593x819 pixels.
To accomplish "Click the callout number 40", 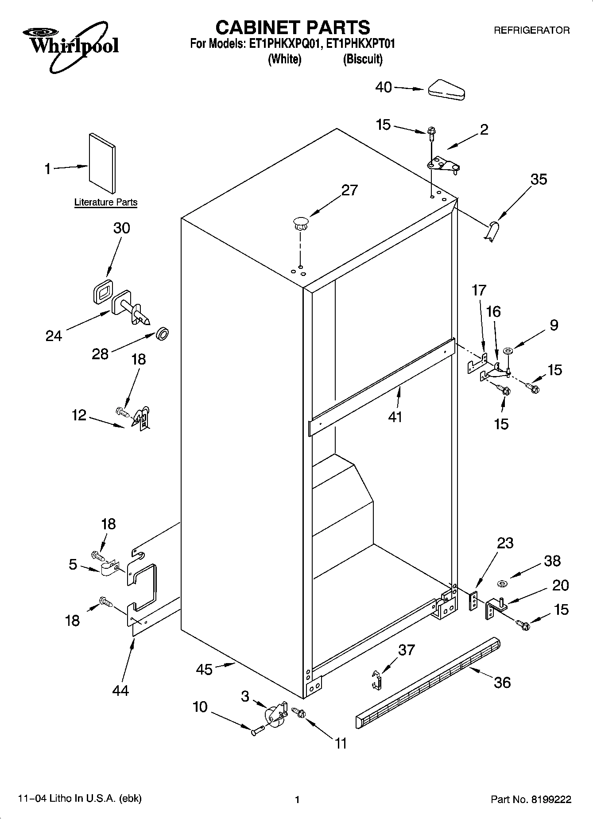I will pos(384,87).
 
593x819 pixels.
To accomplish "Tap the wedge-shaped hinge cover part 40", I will pos(446,90).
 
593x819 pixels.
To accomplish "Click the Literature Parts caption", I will pos(106,202).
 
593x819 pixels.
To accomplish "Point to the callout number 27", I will pos(349,190).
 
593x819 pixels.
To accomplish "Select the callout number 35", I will pos(539,179).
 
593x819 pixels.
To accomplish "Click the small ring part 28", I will pos(163,334).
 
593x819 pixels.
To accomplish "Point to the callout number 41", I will pos(395,416).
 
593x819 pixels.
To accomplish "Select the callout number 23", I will pos(505,543).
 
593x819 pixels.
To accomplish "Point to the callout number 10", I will pos(200,706).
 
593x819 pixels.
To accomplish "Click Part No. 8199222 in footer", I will pos(531,800).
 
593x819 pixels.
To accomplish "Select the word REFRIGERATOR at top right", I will pos(531,31).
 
